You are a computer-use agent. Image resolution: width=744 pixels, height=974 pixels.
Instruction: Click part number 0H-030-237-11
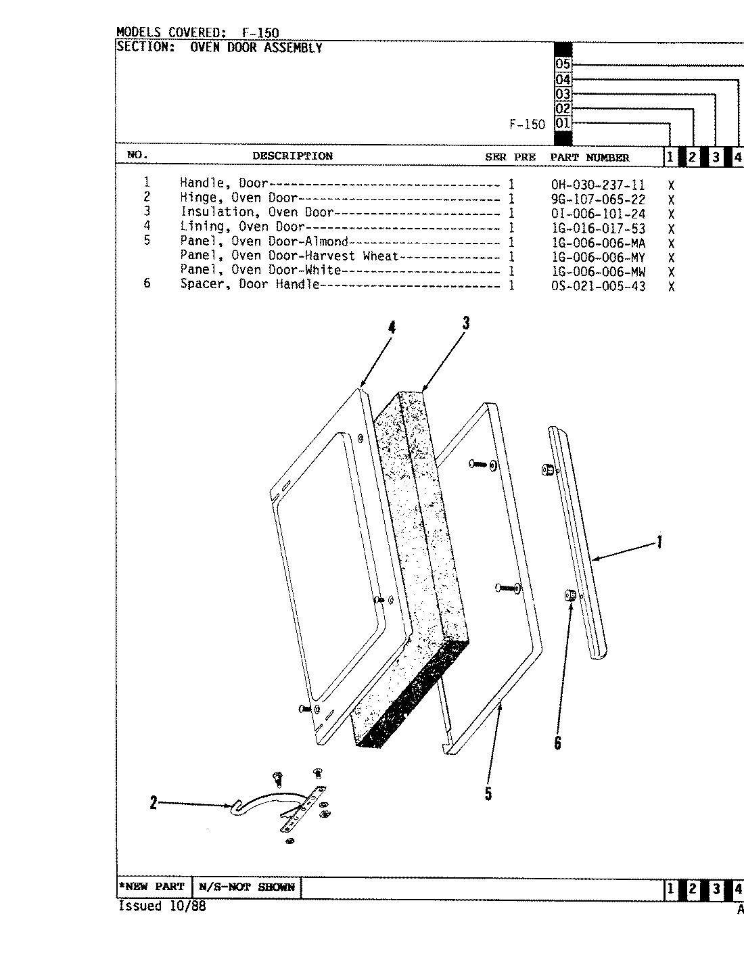pos(598,185)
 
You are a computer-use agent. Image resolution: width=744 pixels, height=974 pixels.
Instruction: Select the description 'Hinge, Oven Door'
pos(238,198)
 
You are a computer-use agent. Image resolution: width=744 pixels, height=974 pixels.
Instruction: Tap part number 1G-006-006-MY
pos(598,257)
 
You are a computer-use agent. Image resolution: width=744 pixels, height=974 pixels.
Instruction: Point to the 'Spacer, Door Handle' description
pos(249,285)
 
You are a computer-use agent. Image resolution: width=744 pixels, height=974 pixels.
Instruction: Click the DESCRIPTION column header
pos(292,156)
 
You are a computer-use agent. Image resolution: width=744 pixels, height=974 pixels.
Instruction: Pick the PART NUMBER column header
pos(589,158)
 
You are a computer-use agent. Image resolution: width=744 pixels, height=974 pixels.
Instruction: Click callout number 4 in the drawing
pos(392,327)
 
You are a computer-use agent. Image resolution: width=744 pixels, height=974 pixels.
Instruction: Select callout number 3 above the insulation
pos(466,323)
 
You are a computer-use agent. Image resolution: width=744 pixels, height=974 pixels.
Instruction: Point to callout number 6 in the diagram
pos(557,743)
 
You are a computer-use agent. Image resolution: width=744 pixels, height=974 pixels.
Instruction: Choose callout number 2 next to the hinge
pos(154,803)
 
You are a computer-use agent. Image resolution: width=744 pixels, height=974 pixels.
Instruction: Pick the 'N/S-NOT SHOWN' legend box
pos(246,887)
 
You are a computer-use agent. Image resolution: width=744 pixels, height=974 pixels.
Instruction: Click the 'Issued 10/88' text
pos(162,906)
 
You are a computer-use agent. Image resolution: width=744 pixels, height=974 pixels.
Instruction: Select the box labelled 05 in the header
pos(563,65)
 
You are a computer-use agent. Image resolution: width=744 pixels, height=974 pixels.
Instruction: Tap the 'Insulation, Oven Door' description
pos(256,212)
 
